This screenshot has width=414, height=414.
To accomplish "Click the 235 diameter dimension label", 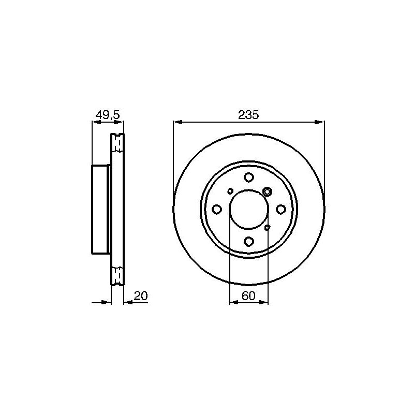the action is [249, 115].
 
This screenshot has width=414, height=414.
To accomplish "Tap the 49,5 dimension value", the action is [108, 115].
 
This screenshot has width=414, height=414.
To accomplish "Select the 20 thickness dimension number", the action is [140, 296].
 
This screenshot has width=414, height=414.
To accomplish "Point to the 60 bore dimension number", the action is [249, 296].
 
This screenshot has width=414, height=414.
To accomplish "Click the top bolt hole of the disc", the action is [249, 177].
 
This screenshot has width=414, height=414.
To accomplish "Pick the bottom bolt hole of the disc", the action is [249, 241].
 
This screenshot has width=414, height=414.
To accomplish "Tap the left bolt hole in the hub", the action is [217, 210].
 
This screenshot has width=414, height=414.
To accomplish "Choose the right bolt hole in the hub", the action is [281, 210].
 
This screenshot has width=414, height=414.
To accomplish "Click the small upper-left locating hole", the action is [230, 191].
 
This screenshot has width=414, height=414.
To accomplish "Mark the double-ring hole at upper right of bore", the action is [267, 191].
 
